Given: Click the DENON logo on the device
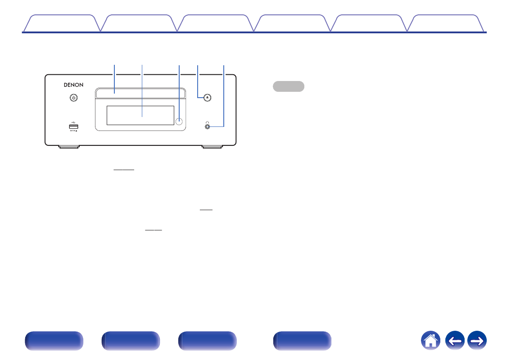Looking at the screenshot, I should pyautogui.click(x=71, y=84).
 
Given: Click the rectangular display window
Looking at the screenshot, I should pyautogui.click(x=140, y=116).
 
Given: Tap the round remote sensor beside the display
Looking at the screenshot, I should pyautogui.click(x=179, y=121).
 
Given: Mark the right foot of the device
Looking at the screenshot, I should pyautogui.click(x=212, y=147).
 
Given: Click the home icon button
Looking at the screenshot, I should pyautogui.click(x=431, y=341).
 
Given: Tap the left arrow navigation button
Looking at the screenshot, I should pyautogui.click(x=454, y=341).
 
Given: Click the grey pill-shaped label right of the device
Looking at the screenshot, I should pyautogui.click(x=289, y=86).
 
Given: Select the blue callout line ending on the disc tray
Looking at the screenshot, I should pyautogui.click(x=114, y=79).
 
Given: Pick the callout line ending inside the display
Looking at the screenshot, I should pyautogui.click(x=142, y=90).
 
